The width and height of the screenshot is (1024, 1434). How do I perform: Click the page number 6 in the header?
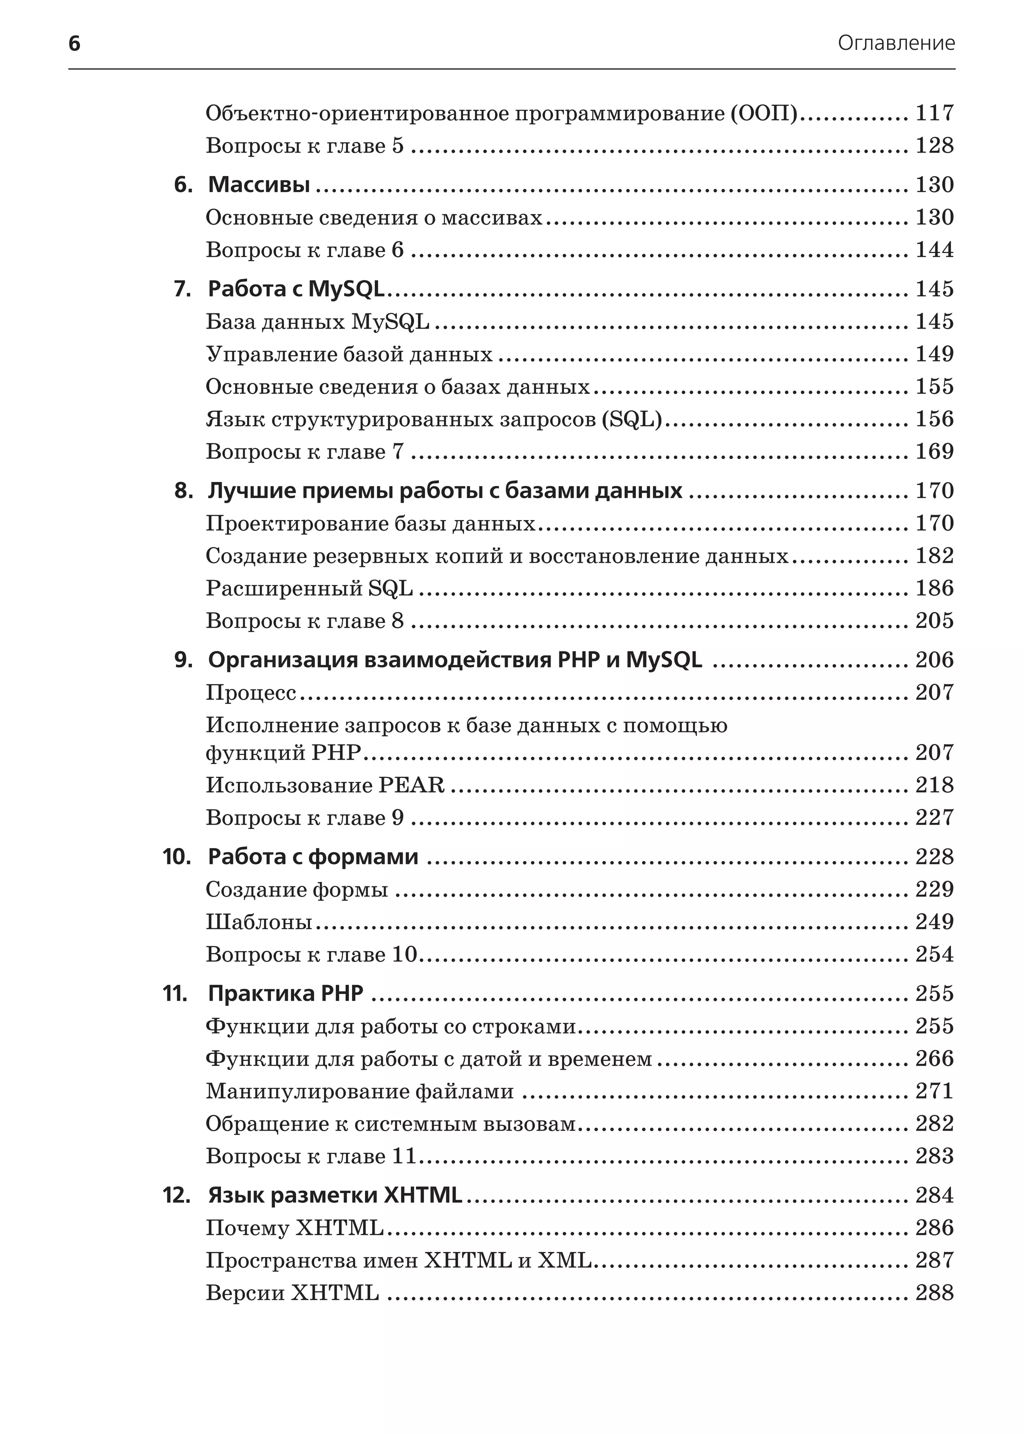point(74,43)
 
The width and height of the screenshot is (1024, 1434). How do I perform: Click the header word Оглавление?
point(896,43)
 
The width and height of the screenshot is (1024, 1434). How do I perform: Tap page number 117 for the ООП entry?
point(934,113)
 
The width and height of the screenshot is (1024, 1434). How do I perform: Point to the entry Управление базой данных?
point(348,354)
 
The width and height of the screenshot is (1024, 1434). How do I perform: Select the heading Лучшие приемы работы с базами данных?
point(444,490)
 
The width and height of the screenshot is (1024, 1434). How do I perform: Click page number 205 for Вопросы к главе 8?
point(934,620)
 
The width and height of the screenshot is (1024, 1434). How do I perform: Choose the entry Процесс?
point(251,692)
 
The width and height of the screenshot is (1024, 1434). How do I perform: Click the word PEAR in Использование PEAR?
point(411,785)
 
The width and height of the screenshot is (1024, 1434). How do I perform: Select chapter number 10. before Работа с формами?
point(176,856)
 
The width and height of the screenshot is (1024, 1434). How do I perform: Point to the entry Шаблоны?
point(258,922)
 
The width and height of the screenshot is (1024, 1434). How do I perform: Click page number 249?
point(934,922)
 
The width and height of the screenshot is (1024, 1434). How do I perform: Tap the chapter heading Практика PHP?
point(285,993)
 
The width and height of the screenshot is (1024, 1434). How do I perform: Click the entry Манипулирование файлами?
point(359,1091)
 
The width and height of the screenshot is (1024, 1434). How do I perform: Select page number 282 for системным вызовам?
point(934,1123)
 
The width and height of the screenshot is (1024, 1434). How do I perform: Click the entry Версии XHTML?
point(292,1292)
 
